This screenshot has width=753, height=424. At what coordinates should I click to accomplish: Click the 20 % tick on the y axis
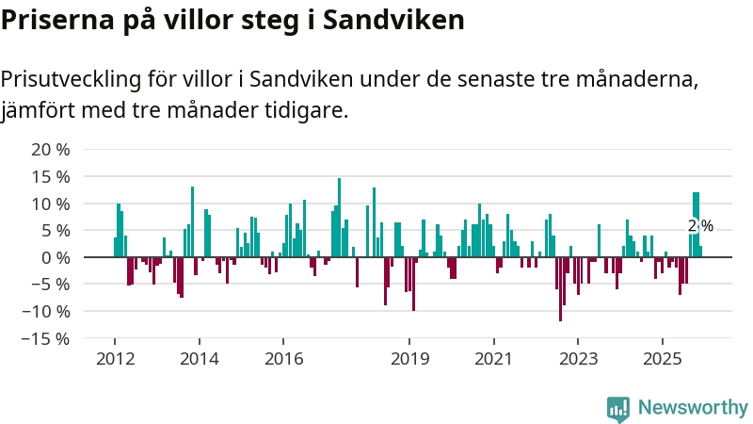51,150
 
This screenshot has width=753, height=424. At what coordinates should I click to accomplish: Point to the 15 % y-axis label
51,177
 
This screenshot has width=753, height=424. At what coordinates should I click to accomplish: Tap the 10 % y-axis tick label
51,204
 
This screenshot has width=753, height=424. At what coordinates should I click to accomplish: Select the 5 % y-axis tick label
56,231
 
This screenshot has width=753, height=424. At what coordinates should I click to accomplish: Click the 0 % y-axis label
56,257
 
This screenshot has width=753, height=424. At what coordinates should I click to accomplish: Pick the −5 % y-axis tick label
51,285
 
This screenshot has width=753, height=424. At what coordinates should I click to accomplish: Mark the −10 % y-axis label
46,311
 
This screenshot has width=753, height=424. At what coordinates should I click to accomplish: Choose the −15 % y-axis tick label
46,338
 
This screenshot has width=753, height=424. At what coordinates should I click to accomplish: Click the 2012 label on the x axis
115,359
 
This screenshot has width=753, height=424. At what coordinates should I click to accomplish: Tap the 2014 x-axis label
199,359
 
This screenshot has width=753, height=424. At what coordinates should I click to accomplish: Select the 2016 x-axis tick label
283,359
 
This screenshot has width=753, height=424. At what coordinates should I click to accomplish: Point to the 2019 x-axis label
409,359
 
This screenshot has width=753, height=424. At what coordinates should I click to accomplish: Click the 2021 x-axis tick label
494,359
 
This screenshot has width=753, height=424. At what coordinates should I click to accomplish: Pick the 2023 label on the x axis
579,359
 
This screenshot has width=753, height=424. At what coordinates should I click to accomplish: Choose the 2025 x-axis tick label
663,359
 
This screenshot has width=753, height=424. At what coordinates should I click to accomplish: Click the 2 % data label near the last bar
700,226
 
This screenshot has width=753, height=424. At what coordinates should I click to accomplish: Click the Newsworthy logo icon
618,408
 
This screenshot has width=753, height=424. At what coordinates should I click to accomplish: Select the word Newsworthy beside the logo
693,408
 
